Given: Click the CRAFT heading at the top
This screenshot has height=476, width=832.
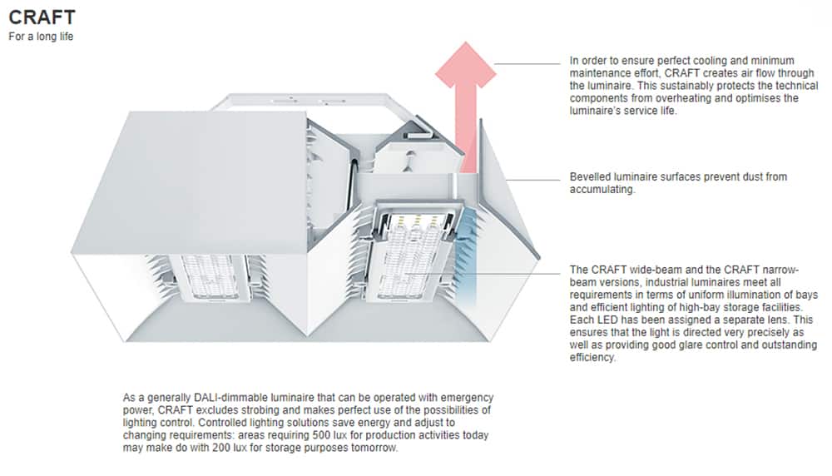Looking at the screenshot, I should (42, 17).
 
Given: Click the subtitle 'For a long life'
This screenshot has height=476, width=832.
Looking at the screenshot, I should (41, 37).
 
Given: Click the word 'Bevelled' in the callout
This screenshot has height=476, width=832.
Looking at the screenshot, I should (589, 177).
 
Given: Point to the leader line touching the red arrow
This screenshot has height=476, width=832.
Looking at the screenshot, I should (527, 64).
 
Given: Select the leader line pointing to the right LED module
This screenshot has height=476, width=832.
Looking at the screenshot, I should (508, 272).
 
